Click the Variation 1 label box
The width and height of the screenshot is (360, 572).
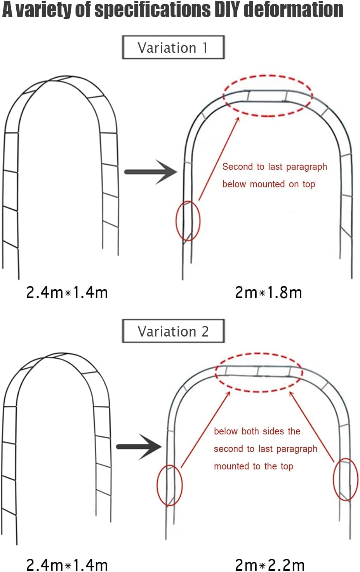click(173, 47)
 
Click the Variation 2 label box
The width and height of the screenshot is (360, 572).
click(173, 331)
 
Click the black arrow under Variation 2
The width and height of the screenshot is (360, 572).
click(139, 446)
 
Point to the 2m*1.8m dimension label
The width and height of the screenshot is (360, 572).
click(268, 292)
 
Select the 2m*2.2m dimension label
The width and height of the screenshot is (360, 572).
click(270, 565)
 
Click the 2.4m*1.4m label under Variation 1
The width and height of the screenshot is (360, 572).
click(67, 292)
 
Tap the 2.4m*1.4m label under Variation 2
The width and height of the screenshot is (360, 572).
click(67, 565)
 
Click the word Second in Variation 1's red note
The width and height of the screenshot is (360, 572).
click(237, 167)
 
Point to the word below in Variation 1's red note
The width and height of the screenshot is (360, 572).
click(234, 184)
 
